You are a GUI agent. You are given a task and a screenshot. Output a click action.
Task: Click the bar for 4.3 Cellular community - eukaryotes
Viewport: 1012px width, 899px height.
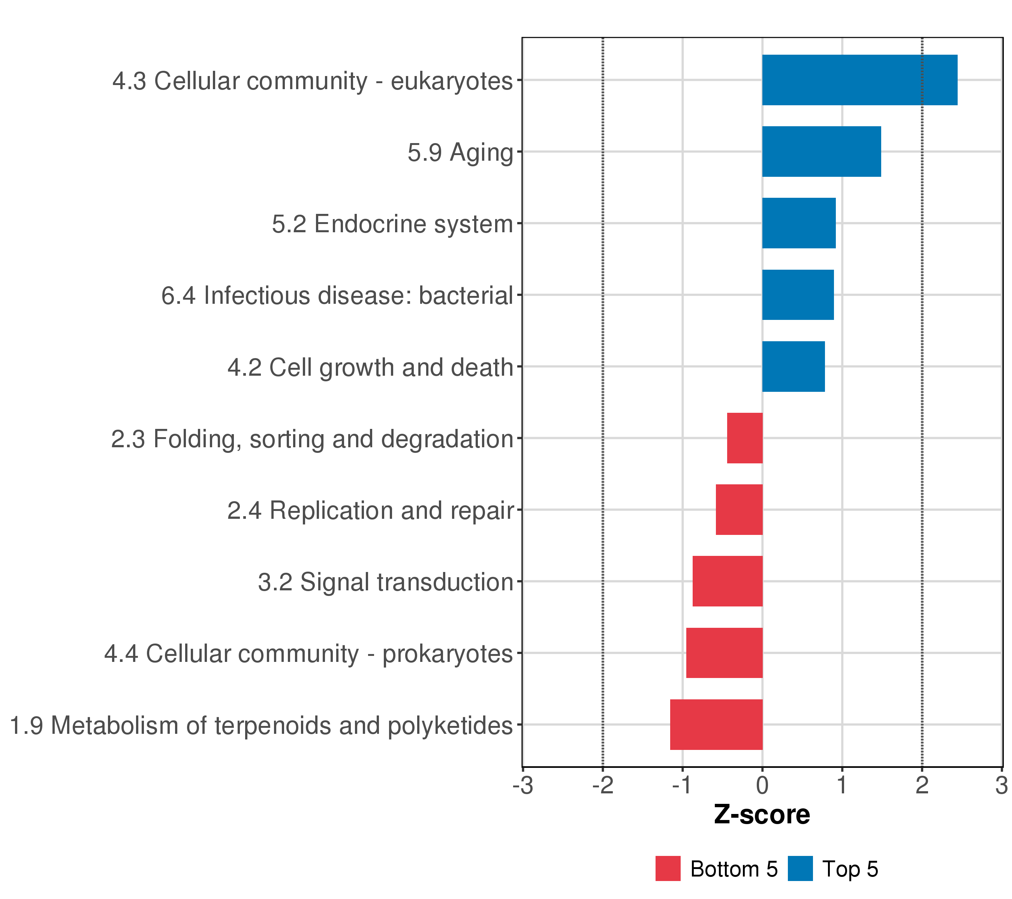coord(859,80)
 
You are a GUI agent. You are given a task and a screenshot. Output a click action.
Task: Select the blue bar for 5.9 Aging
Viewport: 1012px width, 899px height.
coord(821,151)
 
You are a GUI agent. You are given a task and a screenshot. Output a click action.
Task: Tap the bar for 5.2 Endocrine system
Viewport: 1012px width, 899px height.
coord(799,223)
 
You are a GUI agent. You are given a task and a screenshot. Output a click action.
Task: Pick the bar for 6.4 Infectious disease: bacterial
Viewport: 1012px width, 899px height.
coord(798,295)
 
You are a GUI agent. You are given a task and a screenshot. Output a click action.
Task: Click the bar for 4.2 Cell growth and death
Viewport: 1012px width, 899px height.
coord(793,367)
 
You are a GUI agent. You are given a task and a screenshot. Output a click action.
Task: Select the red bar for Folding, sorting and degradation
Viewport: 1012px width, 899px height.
coord(745,438)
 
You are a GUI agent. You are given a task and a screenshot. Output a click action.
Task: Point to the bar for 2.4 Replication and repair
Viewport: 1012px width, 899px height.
coord(739,509)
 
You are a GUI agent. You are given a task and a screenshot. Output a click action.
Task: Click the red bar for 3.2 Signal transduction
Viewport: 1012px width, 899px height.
coord(727,581)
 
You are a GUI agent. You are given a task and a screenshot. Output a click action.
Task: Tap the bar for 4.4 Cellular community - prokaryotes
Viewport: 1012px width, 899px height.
coord(724,653)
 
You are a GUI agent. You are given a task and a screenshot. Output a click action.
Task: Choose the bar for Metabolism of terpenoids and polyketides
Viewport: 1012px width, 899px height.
coord(716,724)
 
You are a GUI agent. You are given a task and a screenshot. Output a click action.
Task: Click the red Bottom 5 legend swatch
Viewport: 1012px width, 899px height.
coord(668,868)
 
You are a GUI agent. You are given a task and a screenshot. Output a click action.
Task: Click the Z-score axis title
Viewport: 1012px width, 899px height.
coord(762,814)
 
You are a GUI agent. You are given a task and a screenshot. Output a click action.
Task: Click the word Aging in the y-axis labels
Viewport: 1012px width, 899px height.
coord(481,153)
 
